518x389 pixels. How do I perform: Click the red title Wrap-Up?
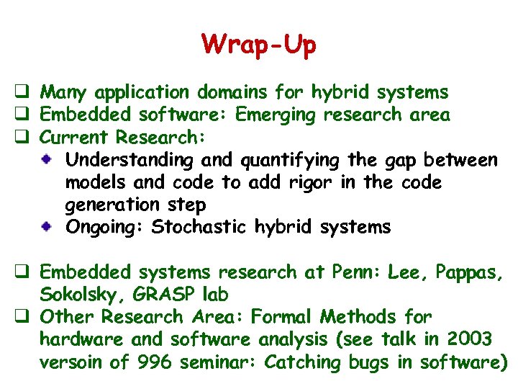click(259, 45)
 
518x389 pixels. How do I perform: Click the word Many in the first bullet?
click(65, 93)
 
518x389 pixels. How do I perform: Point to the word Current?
click(75, 137)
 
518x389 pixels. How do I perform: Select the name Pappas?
click(468, 272)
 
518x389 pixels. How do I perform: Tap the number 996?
click(152, 362)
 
